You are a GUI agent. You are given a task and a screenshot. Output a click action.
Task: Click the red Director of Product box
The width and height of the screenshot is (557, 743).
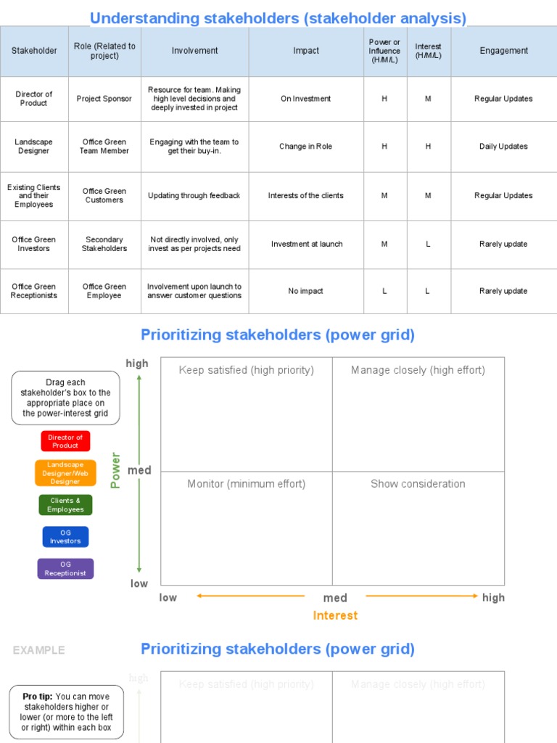65,441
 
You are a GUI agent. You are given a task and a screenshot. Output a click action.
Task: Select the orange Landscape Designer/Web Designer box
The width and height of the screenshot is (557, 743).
65,473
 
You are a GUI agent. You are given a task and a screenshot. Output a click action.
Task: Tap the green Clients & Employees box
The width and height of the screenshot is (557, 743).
65,505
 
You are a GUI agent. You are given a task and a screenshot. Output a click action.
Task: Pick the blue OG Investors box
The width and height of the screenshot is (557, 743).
65,537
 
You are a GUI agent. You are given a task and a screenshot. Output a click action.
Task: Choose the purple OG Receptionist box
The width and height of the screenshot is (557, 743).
65,569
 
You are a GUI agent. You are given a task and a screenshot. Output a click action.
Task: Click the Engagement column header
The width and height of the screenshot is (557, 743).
503,51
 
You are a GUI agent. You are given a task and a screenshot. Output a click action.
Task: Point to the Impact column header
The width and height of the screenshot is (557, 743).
306,51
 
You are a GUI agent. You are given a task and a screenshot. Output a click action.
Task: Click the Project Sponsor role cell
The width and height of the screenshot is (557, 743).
104,99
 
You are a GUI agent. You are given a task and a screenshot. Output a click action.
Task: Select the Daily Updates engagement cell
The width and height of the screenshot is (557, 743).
503,147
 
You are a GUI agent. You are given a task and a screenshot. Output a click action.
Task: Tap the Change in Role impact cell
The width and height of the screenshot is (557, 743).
306,147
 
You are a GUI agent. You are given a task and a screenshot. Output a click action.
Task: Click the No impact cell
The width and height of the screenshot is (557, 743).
306,291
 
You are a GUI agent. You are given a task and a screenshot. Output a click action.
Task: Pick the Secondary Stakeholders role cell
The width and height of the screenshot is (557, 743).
104,244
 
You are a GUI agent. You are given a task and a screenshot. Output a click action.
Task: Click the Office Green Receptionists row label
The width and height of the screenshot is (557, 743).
34,291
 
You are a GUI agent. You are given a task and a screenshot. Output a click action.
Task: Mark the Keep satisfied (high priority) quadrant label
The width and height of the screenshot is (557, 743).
247,370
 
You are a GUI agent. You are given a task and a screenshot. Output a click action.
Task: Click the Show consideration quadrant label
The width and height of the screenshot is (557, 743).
418,484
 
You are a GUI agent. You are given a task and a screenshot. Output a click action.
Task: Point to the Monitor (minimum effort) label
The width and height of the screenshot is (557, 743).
247,484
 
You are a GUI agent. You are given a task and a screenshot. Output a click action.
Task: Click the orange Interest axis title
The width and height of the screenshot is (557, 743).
335,615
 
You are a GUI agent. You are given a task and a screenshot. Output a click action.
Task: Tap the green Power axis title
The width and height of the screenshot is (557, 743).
115,470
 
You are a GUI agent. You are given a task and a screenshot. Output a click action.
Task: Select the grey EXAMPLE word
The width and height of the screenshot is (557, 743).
38,650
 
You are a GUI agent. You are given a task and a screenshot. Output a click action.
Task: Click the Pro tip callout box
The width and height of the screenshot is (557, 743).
67,712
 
